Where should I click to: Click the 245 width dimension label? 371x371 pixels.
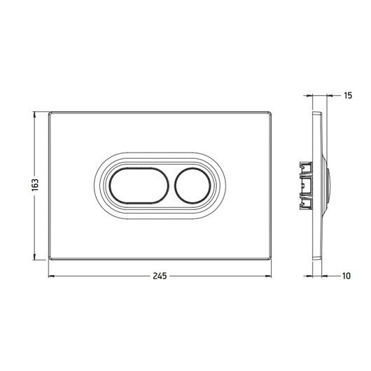(x=160, y=276)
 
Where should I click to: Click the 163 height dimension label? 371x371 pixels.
(x=35, y=185)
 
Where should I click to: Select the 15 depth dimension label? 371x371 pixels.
(x=348, y=96)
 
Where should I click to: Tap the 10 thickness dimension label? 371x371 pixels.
(x=346, y=276)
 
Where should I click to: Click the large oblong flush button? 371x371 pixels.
(x=139, y=185)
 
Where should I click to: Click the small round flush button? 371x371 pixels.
(x=192, y=185)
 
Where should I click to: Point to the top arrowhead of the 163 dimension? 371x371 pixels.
(x=35, y=115)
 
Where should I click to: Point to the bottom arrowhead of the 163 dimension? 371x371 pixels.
(x=35, y=257)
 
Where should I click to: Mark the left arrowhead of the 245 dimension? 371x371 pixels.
(x=51, y=276)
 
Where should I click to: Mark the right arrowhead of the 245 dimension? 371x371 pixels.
(x=268, y=276)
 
